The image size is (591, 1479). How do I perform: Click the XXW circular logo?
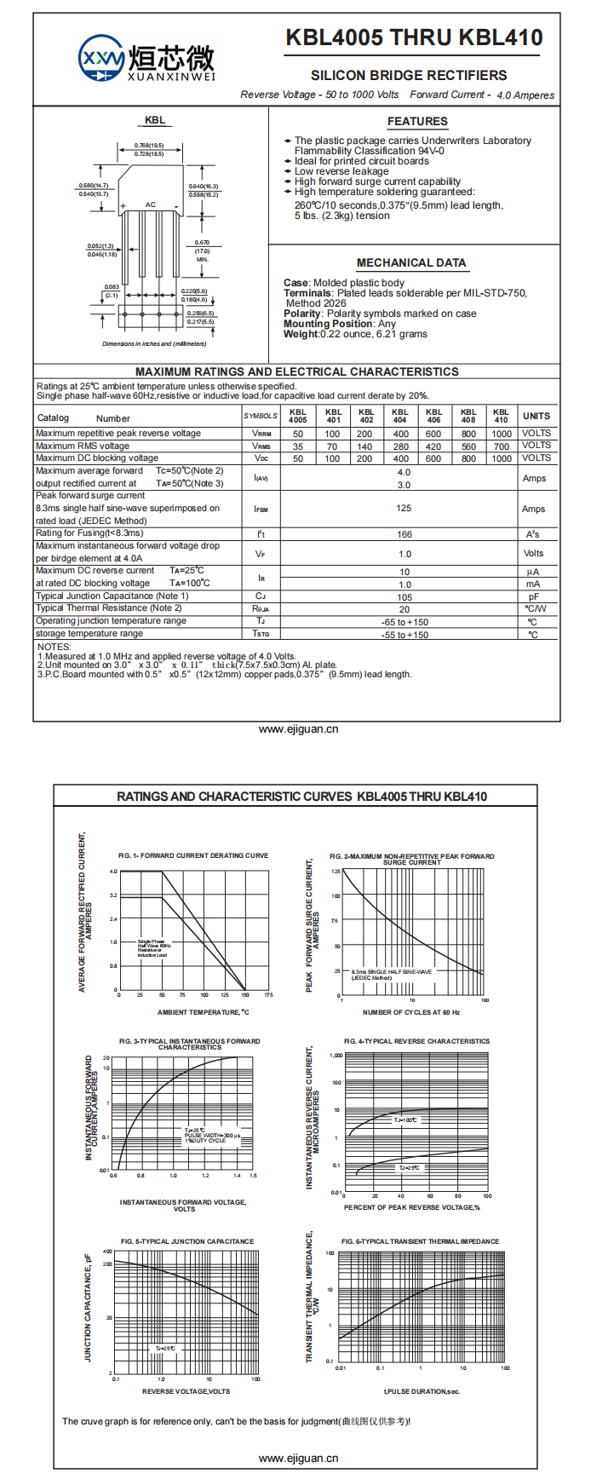[x=101, y=58]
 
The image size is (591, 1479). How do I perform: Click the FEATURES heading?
[x=417, y=122]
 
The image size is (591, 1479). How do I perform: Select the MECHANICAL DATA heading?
[x=411, y=263]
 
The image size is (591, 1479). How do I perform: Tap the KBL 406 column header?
[x=434, y=416]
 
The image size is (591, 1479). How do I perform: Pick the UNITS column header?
[x=536, y=416]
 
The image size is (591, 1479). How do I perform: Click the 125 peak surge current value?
[x=404, y=509]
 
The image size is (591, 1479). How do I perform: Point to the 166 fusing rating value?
[x=405, y=534]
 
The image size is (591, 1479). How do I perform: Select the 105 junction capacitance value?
[x=405, y=597]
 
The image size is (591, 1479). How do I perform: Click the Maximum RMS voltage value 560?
[x=468, y=446]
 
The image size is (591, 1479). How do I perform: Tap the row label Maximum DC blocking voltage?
[x=97, y=458]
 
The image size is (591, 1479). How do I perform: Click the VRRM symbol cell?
[x=261, y=434]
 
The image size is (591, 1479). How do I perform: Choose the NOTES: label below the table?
[x=54, y=647]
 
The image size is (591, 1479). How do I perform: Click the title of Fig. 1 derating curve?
[x=193, y=855]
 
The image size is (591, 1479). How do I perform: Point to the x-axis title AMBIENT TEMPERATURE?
[x=204, y=1012]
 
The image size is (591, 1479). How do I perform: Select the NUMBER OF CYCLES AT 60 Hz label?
[x=411, y=1012]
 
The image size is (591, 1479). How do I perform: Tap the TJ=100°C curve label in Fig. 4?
[x=405, y=1120]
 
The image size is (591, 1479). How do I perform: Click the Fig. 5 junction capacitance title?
[x=187, y=1241]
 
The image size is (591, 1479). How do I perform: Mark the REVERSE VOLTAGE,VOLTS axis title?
[x=186, y=1391]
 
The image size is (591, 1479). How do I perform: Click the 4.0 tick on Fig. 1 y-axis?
[x=113, y=872]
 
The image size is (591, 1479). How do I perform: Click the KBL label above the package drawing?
[x=155, y=120]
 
